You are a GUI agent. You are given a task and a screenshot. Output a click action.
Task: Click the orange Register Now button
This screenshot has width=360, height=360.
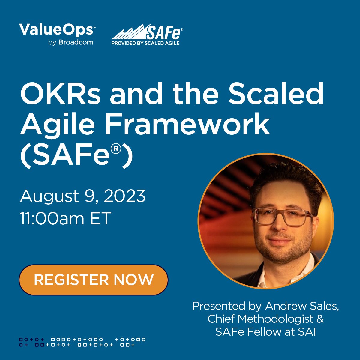tap(93, 280)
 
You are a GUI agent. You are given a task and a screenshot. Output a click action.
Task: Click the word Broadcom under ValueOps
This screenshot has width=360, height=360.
tap(76, 42)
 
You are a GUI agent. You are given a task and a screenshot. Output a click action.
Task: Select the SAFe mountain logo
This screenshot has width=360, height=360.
tap(129, 32)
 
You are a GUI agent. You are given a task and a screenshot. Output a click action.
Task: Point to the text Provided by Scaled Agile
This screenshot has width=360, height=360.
tap(145, 43)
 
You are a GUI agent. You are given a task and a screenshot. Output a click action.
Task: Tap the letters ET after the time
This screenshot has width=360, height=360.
tap(101, 218)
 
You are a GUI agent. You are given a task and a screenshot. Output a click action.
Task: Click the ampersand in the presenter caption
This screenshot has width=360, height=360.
tap(320, 319)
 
